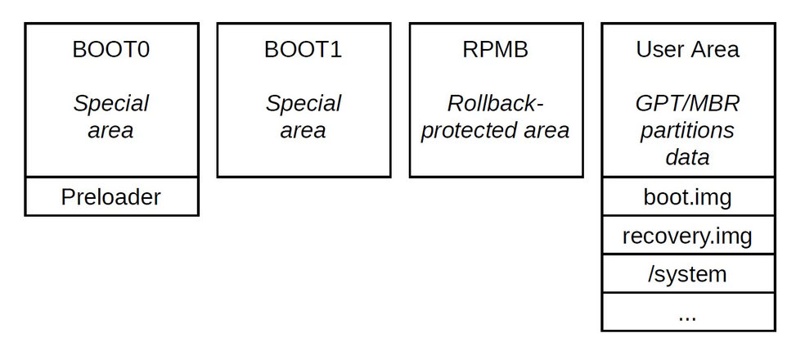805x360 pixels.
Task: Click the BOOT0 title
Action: [x=110, y=49]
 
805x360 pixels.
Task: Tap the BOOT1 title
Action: [x=303, y=49]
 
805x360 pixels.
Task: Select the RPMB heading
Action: [x=495, y=49]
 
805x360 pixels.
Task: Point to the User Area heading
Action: [x=687, y=49]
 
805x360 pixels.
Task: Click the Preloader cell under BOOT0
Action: [x=110, y=197]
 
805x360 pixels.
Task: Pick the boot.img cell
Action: [x=687, y=197]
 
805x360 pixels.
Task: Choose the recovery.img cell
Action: [x=687, y=236]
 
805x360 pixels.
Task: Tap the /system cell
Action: [x=687, y=274]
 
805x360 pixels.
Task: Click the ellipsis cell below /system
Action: [x=687, y=313]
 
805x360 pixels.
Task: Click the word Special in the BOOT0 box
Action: [x=110, y=104]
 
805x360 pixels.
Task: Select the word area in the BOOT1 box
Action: [x=303, y=130]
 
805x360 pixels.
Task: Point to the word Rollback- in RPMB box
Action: [x=495, y=104]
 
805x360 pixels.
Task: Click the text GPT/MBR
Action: [x=687, y=104]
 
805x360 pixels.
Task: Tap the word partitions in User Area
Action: [x=687, y=130]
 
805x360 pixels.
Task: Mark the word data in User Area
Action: [x=687, y=156]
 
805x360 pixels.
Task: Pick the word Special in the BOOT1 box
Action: [x=303, y=104]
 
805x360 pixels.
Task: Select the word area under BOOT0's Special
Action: [x=110, y=130]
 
